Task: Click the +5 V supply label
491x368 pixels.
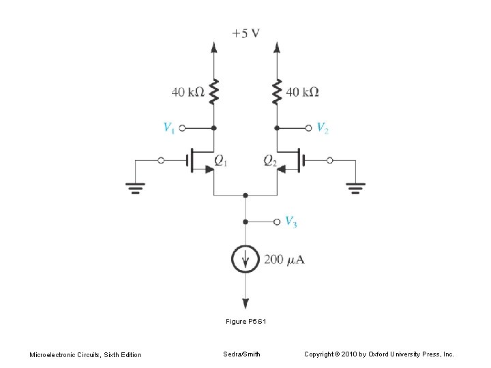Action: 245,33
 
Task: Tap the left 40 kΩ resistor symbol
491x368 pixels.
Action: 214,91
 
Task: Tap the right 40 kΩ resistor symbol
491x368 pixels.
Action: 277,91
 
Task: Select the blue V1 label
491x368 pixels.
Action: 169,127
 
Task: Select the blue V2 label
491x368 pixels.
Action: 323,127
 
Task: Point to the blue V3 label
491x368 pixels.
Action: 291,221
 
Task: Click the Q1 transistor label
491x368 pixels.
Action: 221,161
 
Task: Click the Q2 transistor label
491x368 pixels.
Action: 270,161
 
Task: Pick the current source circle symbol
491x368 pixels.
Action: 245,258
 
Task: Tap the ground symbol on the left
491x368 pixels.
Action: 134,187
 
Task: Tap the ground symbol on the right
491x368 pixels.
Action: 356,187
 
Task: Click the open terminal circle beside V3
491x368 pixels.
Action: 276,221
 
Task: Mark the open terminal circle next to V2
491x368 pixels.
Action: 308,127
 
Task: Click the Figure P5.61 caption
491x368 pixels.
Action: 245,320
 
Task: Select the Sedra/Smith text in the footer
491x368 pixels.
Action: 241,354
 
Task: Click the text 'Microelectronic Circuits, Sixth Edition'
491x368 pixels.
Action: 85,354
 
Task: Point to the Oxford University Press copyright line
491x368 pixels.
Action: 378,354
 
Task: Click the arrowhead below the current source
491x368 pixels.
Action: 245,303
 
